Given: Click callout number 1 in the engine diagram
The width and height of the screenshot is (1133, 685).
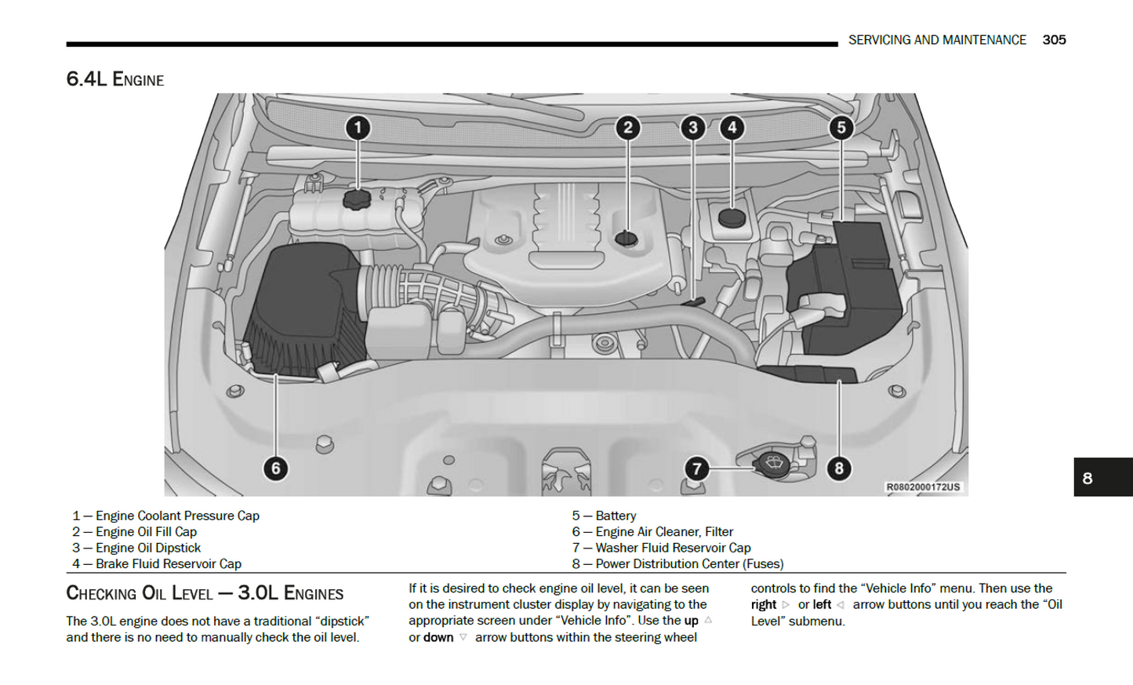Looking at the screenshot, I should pos(358,128).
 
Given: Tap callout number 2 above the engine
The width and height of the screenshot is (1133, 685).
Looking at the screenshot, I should pos(627,128).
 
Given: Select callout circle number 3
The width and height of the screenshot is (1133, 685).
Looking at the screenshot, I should pos(692,128).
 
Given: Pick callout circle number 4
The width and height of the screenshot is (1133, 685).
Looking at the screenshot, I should pos(732,128).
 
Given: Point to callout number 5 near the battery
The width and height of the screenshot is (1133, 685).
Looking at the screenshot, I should pos(841,128).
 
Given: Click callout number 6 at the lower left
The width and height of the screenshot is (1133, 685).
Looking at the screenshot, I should pos(275,468).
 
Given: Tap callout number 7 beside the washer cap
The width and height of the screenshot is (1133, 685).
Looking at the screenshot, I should pos(696,468).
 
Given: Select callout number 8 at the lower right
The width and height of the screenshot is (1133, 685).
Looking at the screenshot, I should pos(839,468).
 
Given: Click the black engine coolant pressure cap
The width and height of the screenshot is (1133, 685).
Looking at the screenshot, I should pos(357,199).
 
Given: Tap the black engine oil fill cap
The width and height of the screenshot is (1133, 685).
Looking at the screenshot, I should pos(626,238).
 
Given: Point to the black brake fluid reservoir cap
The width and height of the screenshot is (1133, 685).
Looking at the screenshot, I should pos(732,217).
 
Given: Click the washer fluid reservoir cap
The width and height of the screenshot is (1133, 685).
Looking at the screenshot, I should pos(773,463).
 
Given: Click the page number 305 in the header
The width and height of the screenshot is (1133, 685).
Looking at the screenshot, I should pos(1054,40).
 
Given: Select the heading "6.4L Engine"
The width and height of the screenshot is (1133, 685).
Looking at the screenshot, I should pos(115,79).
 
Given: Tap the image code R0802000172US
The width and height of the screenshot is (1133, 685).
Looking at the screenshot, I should pos(923,487).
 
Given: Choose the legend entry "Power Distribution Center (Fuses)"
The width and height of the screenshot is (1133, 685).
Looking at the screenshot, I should pos(688,563).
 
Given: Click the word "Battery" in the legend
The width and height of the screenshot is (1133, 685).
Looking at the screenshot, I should pos(616,516).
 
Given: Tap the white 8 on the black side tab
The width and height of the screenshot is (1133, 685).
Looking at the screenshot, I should pos(1087,478).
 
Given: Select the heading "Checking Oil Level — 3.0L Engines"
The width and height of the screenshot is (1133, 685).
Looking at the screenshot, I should pos(205,593).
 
